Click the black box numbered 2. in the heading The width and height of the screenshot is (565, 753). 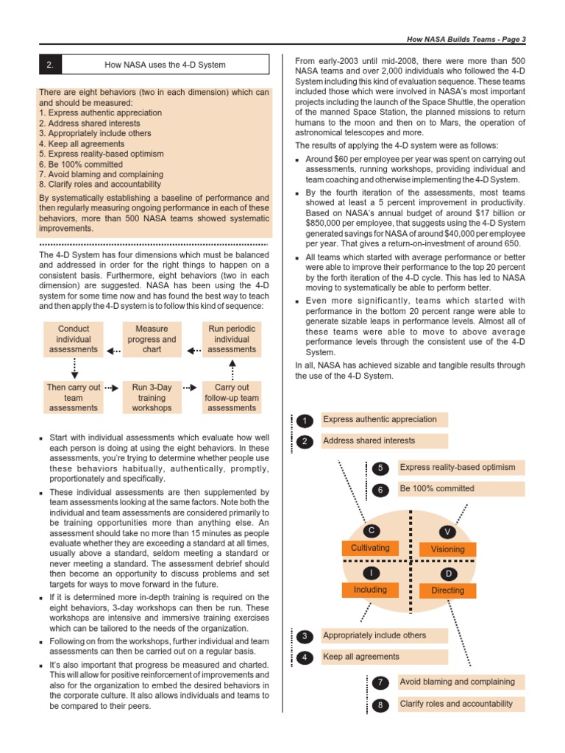50,65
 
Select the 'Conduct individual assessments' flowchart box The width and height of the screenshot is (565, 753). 74,339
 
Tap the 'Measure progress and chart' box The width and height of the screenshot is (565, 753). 152,339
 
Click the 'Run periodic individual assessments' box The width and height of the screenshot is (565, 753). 232,339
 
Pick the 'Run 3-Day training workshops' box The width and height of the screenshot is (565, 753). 152,397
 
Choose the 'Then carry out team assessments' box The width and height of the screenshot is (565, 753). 74,397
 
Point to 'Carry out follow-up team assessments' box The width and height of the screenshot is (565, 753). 232,397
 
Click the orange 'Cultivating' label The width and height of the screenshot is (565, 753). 370,548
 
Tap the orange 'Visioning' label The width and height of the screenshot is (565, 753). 447,549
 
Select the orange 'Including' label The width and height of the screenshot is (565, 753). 370,590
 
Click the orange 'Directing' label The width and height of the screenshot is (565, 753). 447,590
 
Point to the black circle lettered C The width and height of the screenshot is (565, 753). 372,530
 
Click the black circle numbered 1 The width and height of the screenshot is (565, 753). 306,421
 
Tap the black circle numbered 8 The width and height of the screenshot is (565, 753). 380,705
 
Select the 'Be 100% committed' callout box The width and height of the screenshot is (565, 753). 459,488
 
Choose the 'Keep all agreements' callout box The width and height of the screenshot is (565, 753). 384,657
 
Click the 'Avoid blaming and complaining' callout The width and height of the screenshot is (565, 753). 459,682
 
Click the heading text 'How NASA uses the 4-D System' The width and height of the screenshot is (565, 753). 166,65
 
